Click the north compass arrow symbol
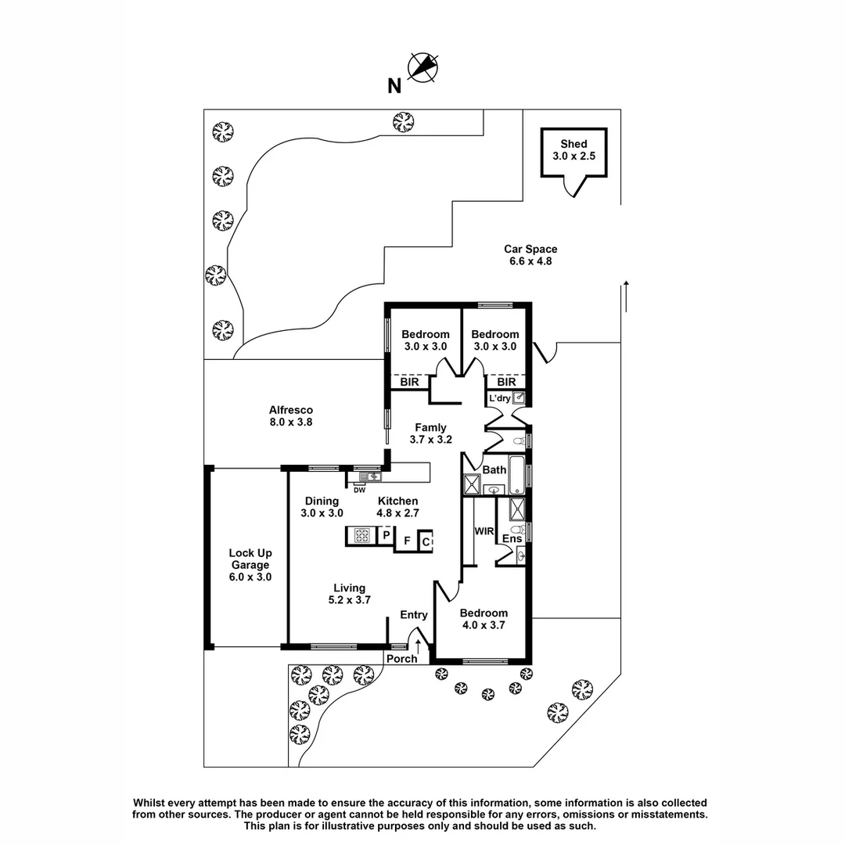(423, 67)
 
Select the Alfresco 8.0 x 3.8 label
(291, 415)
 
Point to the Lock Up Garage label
(250, 564)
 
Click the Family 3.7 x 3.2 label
(430, 433)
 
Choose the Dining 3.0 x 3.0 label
(322, 507)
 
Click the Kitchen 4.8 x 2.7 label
(397, 507)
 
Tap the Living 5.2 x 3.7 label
(349, 594)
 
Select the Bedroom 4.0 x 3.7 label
(483, 618)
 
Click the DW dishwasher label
(359, 491)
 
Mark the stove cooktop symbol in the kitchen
(362, 536)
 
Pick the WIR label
(484, 531)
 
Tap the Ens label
(512, 539)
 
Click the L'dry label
(499, 398)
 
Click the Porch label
(402, 658)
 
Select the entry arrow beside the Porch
(419, 647)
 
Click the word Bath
(494, 470)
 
